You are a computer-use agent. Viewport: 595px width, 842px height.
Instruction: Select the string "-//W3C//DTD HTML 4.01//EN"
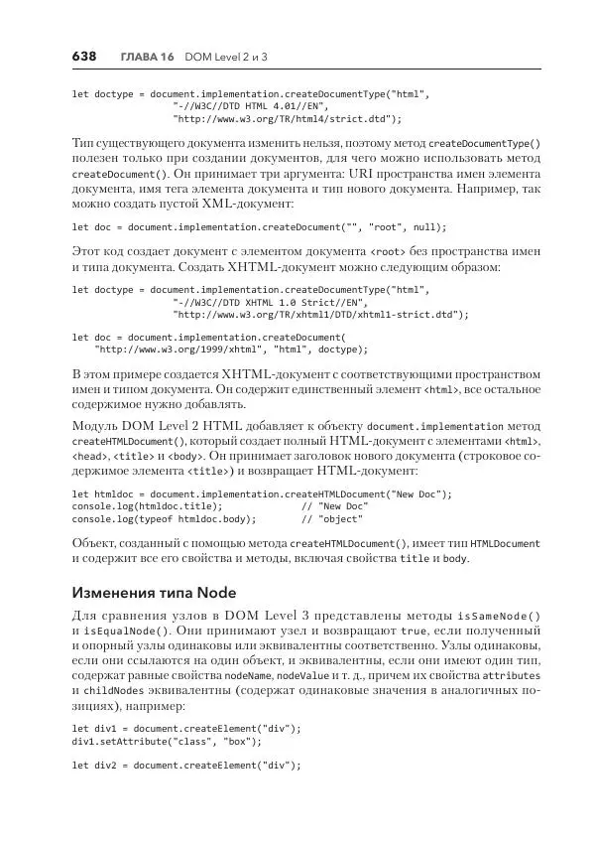pos(249,105)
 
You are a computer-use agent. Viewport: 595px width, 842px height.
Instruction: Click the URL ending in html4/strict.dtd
pos(288,118)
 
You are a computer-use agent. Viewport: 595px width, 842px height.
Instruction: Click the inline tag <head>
pos(89,456)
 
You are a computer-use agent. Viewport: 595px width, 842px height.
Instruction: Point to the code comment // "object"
pos(333,518)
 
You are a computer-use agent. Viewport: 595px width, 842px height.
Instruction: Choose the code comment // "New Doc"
pos(334,506)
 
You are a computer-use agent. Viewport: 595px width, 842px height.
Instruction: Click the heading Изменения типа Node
pos(153,593)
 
